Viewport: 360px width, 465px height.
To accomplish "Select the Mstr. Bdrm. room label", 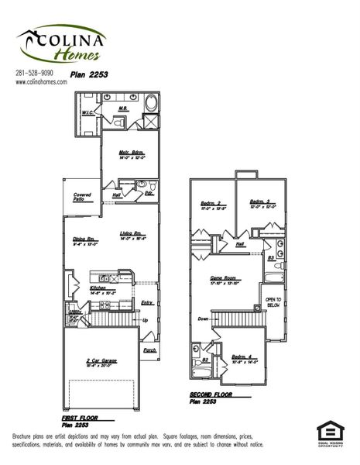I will pyautogui.click(x=129, y=152).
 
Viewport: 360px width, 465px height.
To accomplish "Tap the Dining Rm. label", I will pyautogui.click(x=85, y=239).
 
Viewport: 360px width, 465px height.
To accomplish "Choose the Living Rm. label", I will pyautogui.click(x=131, y=234).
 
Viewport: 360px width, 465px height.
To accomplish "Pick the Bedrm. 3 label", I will pyautogui.click(x=259, y=202).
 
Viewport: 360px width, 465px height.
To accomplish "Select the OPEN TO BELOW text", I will pyautogui.click(x=273, y=302).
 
